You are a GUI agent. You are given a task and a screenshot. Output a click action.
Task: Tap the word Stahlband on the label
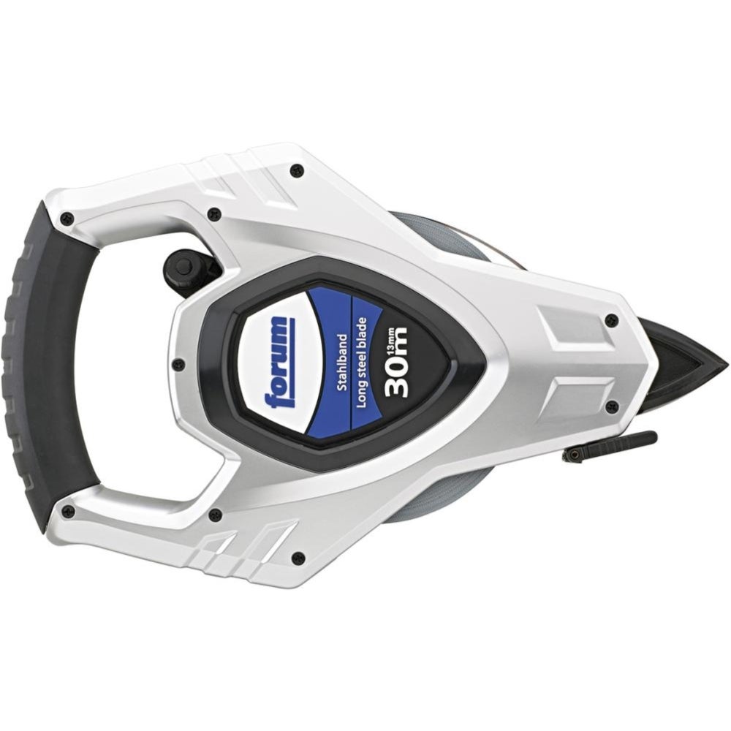341,363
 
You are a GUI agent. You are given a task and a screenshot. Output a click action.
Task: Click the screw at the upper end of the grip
69,217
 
